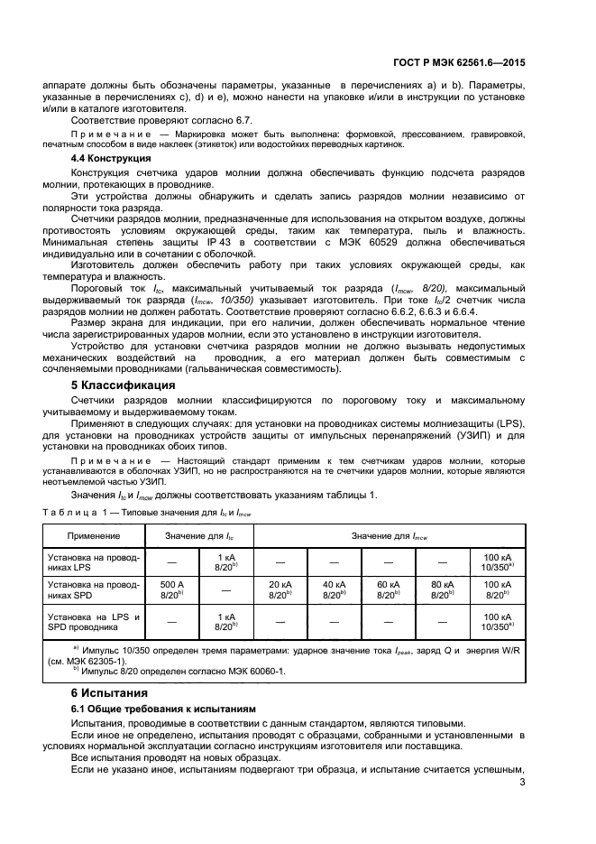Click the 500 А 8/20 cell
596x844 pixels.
click(171, 589)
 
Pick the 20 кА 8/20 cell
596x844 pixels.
click(280, 589)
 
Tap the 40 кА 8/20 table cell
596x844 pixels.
click(334, 589)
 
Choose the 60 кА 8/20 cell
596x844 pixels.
click(388, 589)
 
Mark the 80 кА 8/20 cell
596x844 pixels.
click(442, 589)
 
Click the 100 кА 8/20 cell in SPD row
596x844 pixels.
click(498, 589)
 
